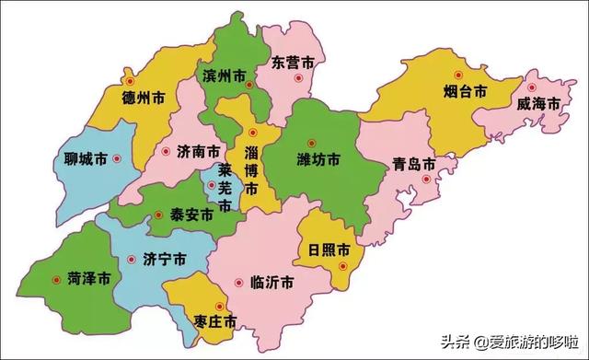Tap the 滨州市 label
tap(223, 75)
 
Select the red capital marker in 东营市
tap(296, 79)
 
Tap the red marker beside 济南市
tap(166, 151)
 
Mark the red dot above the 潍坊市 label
tap(312, 142)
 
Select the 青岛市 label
tap(412, 165)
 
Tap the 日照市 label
tap(329, 250)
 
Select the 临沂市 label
tap(271, 282)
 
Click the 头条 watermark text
tap(456, 341)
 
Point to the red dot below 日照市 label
tap(342, 267)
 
